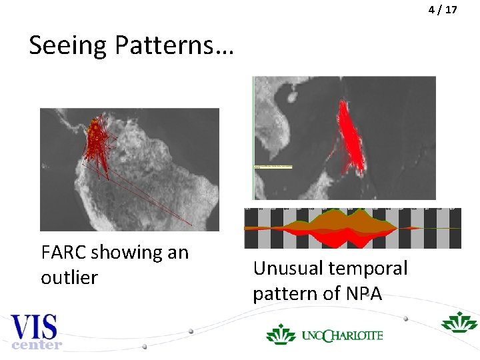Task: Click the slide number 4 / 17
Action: pos(443,10)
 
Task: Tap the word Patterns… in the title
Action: pos(173,45)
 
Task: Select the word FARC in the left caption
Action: pos(63,253)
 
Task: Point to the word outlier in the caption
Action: pos(69,277)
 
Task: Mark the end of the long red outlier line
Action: pos(191,223)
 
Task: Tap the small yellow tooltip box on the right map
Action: pos(273,165)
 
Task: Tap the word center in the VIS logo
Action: pos(37,345)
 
